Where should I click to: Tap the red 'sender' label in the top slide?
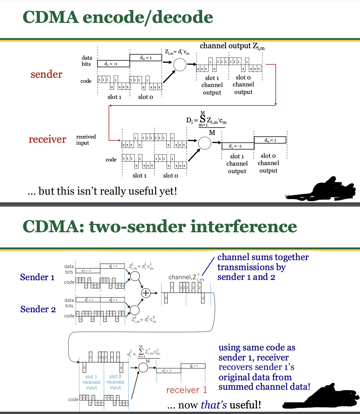(46, 74)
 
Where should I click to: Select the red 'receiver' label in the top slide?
(47, 139)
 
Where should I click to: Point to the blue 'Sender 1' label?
(37, 277)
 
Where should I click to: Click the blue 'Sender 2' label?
(38, 309)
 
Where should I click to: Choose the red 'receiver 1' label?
(187, 390)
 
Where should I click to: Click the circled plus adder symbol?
(146, 293)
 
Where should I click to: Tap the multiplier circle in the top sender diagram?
(180, 65)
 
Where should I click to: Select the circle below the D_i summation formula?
(205, 143)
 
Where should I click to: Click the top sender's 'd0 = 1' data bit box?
(146, 58)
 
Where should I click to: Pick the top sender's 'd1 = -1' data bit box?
(113, 64)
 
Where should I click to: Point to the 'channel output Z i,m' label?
(232, 46)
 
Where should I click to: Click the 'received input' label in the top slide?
(86, 140)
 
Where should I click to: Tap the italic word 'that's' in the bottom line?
(214, 405)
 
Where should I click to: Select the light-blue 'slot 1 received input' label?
(91, 382)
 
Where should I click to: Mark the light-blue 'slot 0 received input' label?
(115, 382)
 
